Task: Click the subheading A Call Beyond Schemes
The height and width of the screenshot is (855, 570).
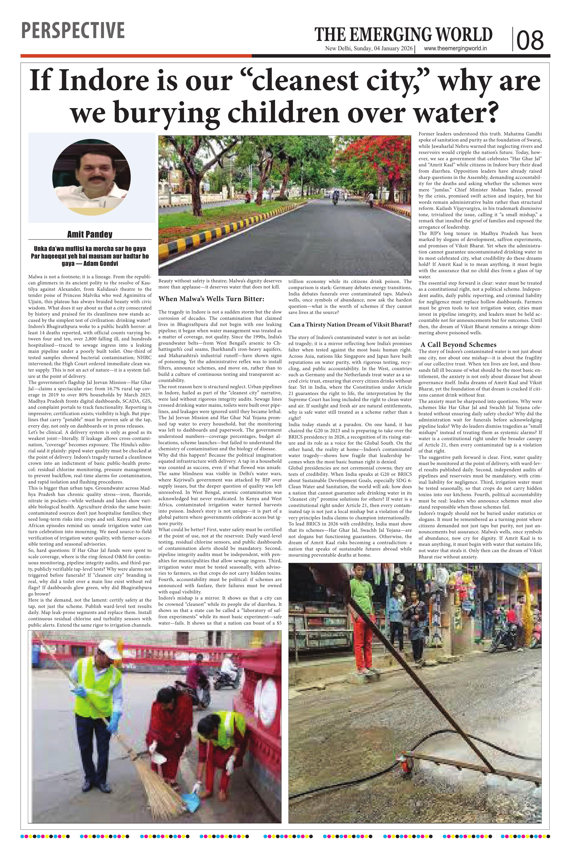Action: (458, 344)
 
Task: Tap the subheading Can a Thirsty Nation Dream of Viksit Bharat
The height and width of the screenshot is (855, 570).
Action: (350, 324)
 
